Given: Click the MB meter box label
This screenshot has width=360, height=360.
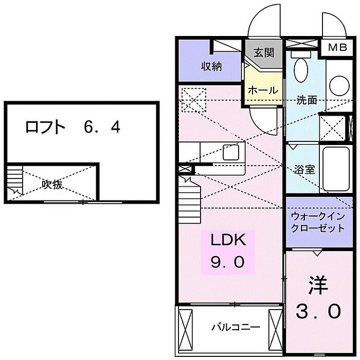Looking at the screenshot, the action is coord(337,47).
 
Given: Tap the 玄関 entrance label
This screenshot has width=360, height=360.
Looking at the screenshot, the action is coord(264,52).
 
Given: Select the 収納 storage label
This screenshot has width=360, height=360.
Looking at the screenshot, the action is coord(212,66).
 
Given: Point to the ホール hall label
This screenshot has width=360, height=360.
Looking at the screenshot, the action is coord(263,90).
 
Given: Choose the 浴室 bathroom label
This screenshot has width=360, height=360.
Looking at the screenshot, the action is coord(304,170).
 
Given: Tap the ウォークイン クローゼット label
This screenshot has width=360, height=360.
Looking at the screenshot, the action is coord(318,222).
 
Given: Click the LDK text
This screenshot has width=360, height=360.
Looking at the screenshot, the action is coord(228,240).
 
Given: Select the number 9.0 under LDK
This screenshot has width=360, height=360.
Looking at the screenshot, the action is coord(227,262).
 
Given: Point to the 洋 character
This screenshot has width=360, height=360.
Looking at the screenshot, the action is coord(318,285).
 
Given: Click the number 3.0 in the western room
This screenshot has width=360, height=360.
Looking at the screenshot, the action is coord(318,311).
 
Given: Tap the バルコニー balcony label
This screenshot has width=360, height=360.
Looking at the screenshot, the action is coord(236,327).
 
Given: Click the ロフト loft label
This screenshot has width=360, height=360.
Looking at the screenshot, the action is coord(45,127).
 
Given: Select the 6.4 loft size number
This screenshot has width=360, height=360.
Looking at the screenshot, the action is coord(102,127).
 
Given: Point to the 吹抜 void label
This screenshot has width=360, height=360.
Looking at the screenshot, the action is coord(52,184).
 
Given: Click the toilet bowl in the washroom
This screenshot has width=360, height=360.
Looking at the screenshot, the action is coord(301,69).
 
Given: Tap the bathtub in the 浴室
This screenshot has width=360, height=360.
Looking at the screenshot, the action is coord(336,169).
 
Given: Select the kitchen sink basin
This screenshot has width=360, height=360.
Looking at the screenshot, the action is coord(231,152).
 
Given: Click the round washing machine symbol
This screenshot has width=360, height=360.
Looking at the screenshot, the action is coord(339,85).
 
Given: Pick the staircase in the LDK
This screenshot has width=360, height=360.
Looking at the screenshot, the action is coord(190,200).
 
